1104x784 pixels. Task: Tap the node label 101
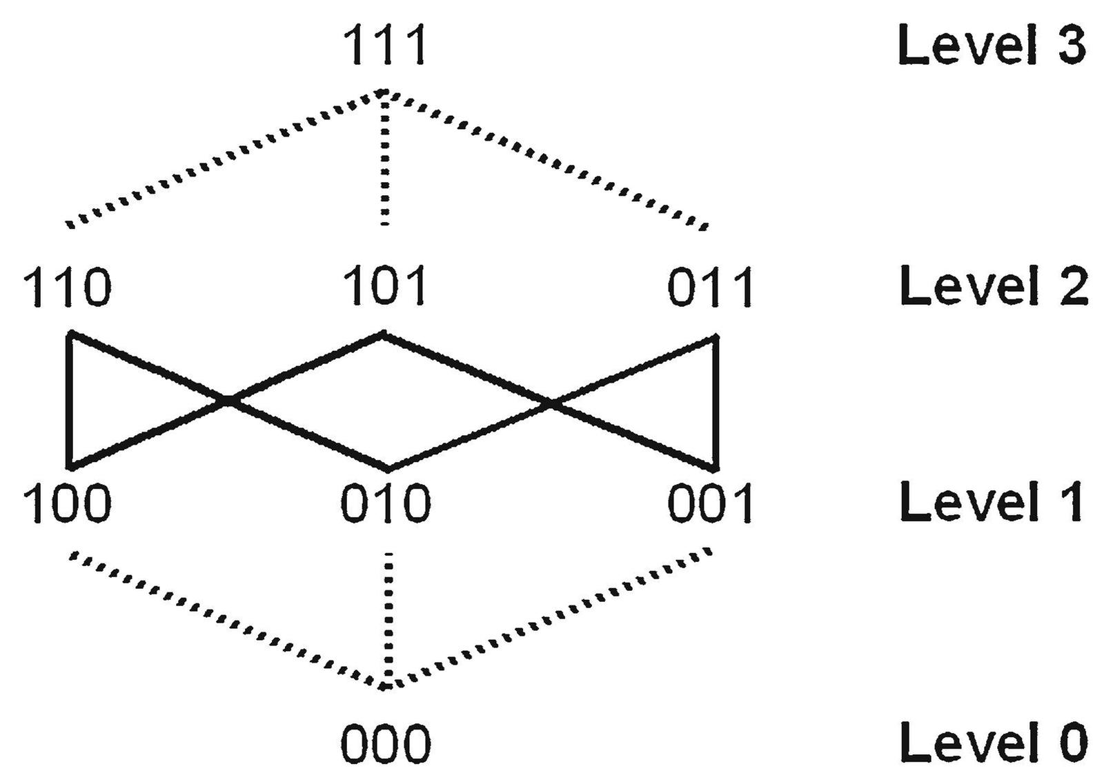pos(384,285)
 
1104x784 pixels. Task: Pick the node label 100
pos(67,503)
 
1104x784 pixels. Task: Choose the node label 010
pos(385,503)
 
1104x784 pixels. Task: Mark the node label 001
pos(711,503)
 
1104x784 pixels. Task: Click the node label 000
pos(385,745)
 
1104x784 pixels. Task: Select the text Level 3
pos(992,46)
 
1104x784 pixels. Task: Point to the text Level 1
pos(992,502)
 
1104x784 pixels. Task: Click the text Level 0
pos(994,742)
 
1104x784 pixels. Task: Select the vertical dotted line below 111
pos(385,159)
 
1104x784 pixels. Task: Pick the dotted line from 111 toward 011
pos(545,159)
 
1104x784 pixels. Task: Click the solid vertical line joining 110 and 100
pos(69,400)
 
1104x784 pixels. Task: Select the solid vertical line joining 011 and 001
pos(716,403)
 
